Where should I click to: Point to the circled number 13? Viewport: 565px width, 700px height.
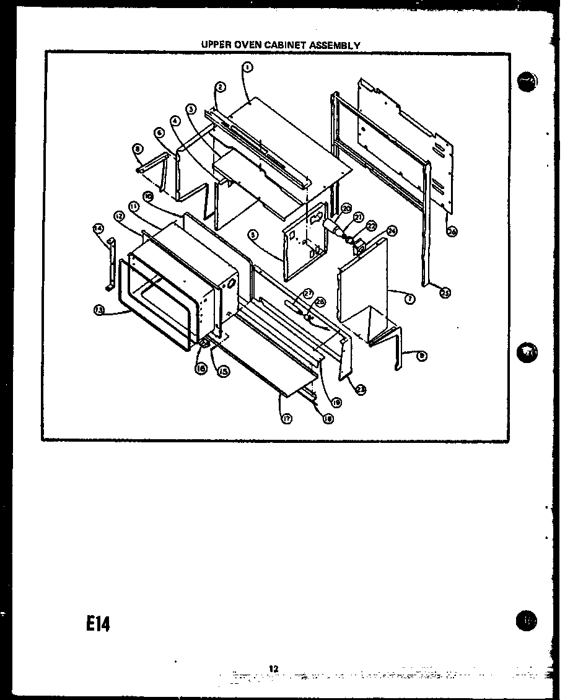coord(98,311)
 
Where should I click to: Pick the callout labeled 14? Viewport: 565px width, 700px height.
coord(98,229)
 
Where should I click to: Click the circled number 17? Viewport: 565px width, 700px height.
coord(287,419)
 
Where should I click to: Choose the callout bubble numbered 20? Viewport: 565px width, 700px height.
coord(346,208)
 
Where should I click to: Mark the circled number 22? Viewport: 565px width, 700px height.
coord(371,227)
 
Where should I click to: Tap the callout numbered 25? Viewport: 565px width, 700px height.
coord(444,293)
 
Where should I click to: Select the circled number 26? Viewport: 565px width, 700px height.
coord(452,232)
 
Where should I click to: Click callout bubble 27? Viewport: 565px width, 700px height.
coord(308,294)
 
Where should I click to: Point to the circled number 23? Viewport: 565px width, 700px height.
coord(361,390)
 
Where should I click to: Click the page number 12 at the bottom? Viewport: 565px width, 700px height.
coord(274,668)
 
